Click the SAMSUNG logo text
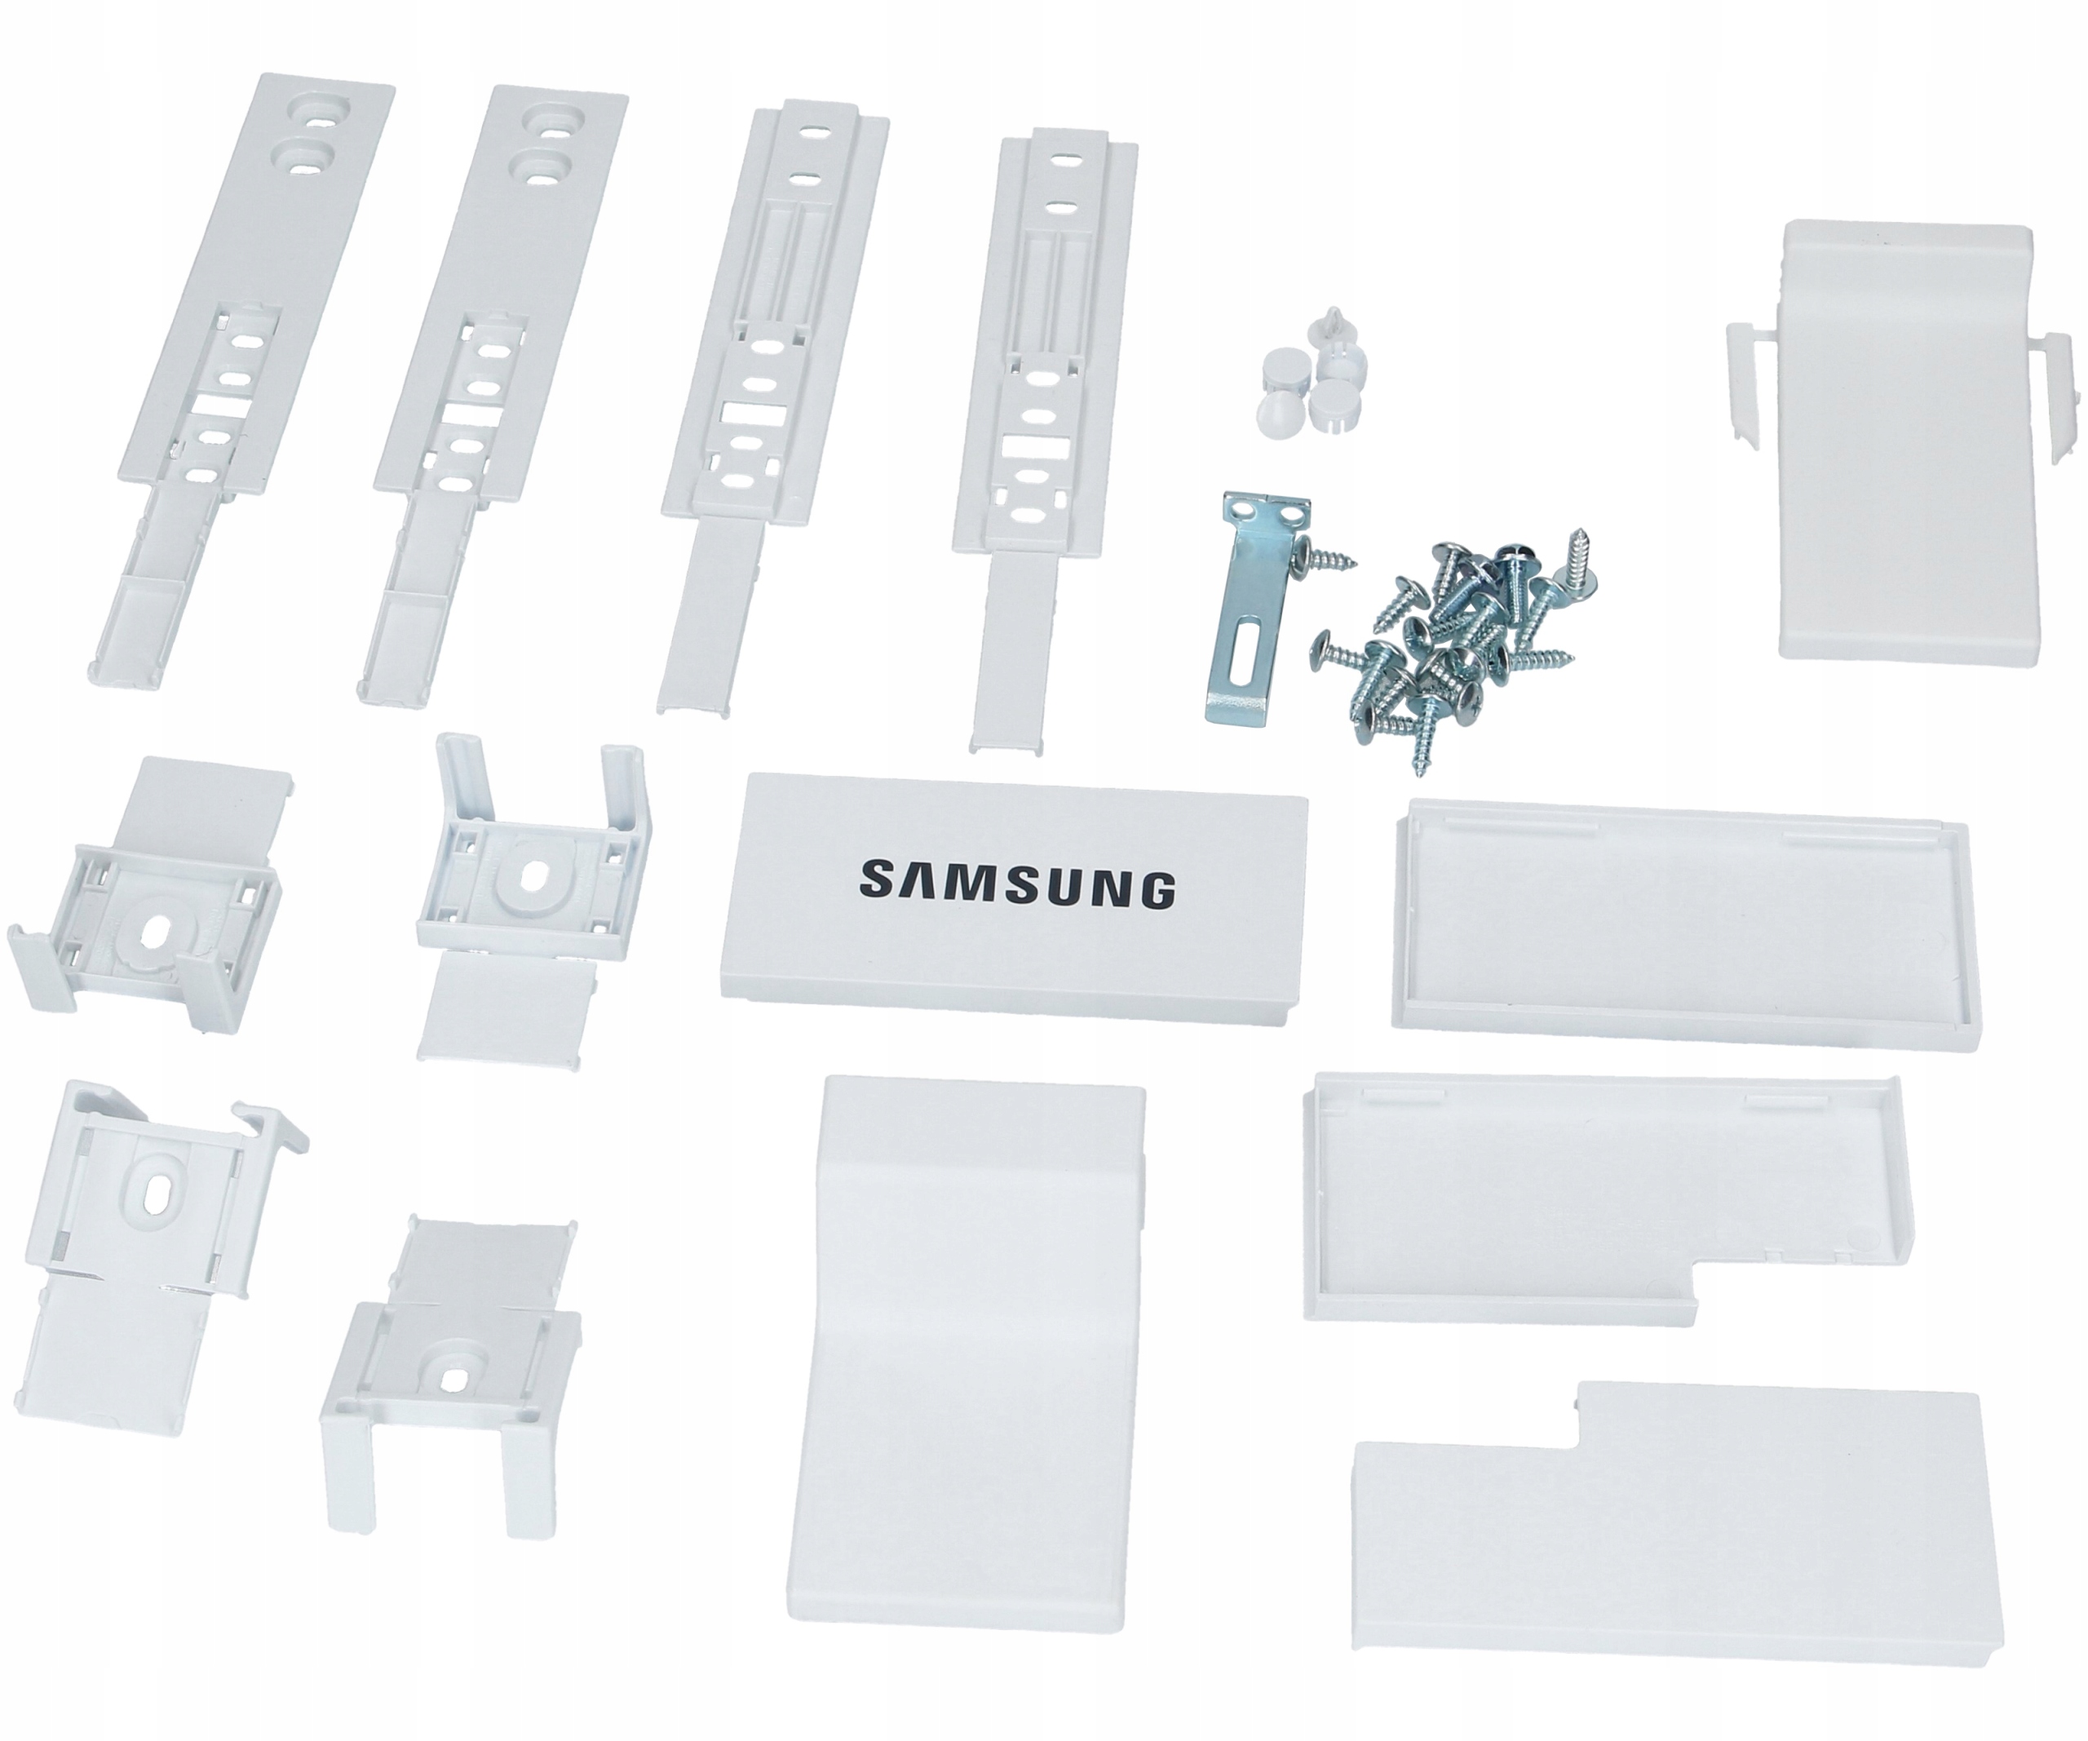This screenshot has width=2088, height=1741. [x=1016, y=883]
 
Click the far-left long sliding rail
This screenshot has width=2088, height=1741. [x=239, y=378]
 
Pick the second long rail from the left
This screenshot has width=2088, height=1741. [x=487, y=388]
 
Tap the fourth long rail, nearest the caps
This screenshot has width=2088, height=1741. [x=1039, y=418]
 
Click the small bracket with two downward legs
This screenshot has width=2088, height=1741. [x=448, y=1392]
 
